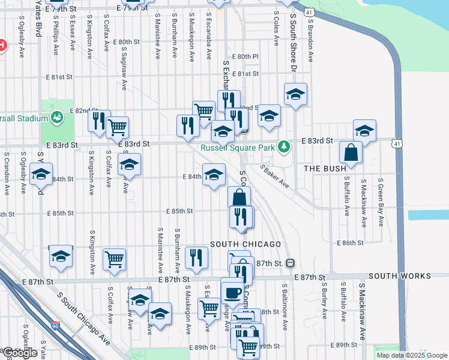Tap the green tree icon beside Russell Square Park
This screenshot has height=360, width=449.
click(286, 146)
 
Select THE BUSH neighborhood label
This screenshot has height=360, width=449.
click(325, 169)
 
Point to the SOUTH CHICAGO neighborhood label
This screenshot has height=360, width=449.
click(246, 244)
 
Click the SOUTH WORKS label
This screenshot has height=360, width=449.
click(399, 276)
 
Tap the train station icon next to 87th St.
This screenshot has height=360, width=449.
click(290, 263)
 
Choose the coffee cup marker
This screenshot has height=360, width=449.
click(232, 293)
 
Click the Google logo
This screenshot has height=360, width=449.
click(19, 353)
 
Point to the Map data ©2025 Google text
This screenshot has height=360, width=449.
click(412, 355)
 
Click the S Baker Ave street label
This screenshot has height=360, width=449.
click(275, 176)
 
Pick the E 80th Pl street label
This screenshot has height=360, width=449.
click(247, 56)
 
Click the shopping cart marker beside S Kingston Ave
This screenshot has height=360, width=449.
click(114, 259)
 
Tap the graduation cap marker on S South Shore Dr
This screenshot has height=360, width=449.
click(295, 95)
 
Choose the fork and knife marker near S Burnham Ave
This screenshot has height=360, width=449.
click(196, 258)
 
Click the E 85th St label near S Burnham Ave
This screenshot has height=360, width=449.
click(179, 211)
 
